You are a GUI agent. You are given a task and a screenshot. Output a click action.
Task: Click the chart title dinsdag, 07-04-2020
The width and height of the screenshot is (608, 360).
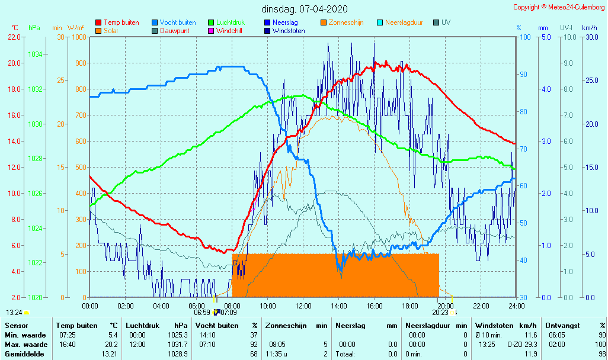pyautogui.click(x=305, y=9)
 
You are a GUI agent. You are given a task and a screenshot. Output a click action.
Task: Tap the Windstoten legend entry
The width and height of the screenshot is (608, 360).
pyautogui.click(x=289, y=31)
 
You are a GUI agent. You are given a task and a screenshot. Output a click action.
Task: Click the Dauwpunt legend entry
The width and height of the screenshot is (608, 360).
pyautogui.click(x=175, y=31)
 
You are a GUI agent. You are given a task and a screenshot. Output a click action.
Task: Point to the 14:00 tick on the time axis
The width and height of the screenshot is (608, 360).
pyautogui.click(x=338, y=306)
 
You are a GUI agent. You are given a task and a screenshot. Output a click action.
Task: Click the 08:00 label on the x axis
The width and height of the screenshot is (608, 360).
pyautogui.click(x=232, y=306)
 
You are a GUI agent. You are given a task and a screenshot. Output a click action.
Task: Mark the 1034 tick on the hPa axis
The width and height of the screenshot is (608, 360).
pyautogui.click(x=35, y=54)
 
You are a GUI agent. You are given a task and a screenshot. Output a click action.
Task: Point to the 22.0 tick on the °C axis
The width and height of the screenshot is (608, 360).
pyautogui.click(x=14, y=37)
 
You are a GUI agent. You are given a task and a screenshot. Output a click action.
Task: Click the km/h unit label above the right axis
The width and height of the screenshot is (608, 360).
pyautogui.click(x=589, y=28)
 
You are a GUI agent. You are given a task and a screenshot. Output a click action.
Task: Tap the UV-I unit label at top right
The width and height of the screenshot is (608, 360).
pyautogui.click(x=566, y=28)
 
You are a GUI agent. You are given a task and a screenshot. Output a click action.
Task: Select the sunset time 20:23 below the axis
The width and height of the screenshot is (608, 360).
pyautogui.click(x=440, y=313)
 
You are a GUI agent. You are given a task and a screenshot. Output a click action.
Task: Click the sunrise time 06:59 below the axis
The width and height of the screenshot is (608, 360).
pyautogui.click(x=202, y=313)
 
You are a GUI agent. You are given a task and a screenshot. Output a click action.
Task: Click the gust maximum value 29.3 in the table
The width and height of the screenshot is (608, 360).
pyautogui.click(x=531, y=345)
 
